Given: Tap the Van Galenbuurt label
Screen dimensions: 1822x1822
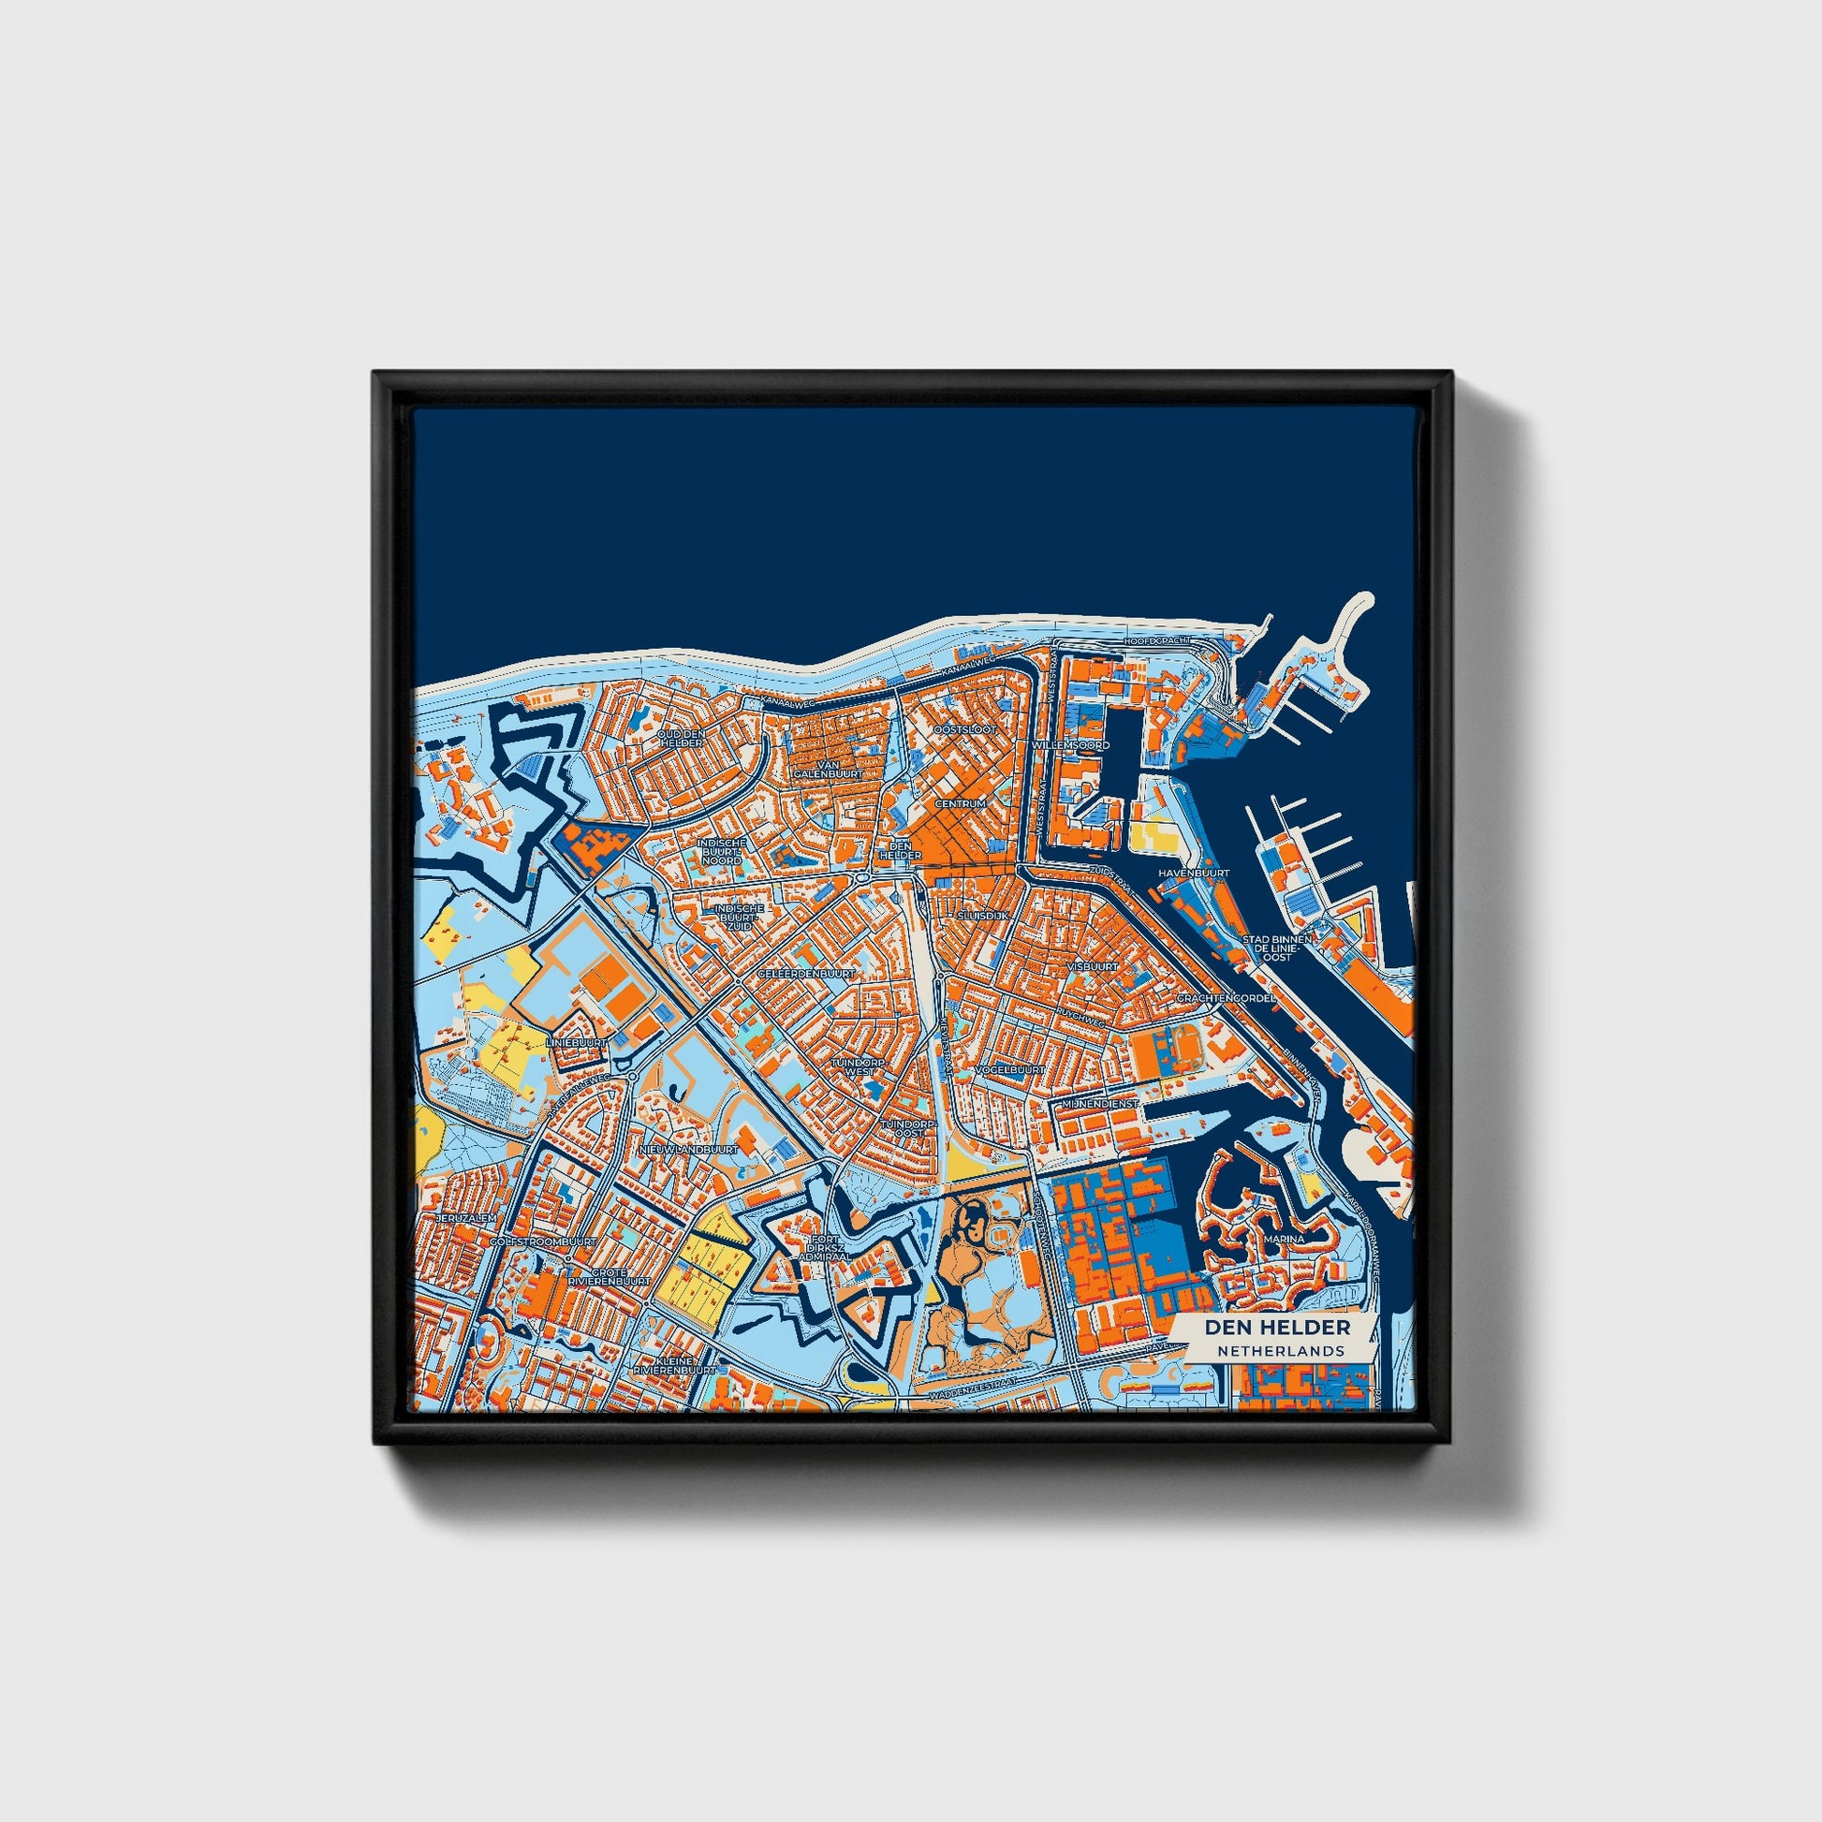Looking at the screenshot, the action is point(815,769).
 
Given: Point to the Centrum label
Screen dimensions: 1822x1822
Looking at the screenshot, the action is point(960,803).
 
